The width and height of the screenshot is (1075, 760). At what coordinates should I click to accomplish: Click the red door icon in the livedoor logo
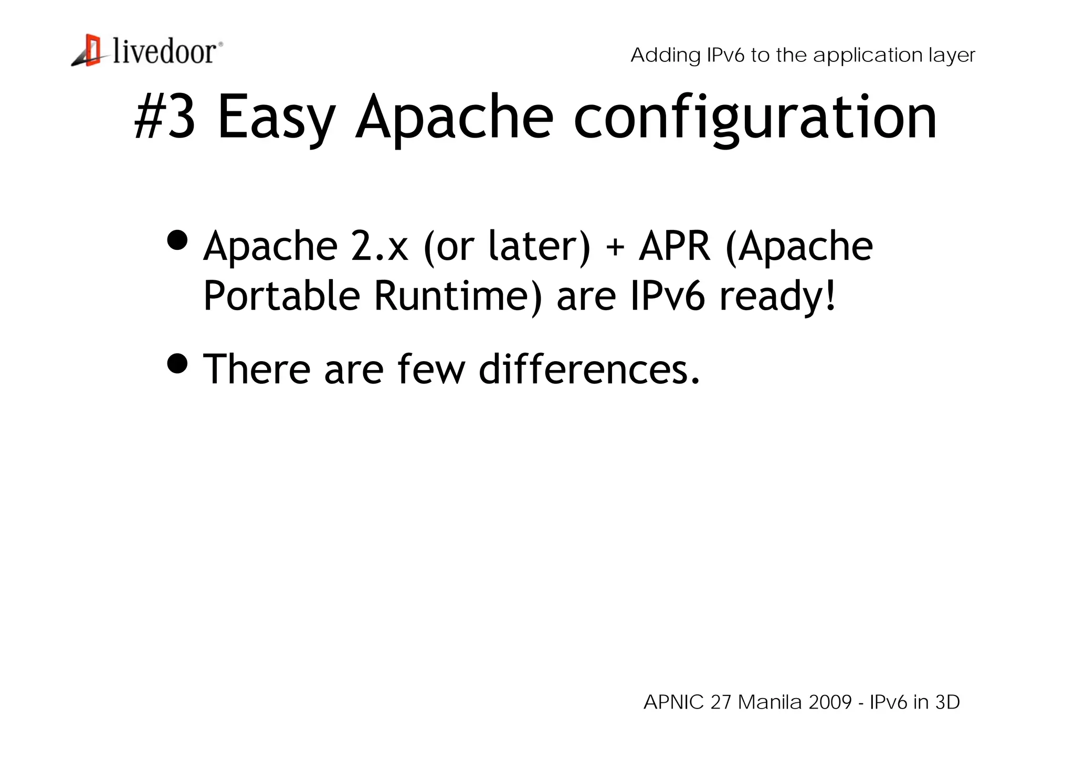coord(92,50)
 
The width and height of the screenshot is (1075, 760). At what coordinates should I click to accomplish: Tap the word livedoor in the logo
coord(164,52)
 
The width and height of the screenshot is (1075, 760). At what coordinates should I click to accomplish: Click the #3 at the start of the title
coord(165,117)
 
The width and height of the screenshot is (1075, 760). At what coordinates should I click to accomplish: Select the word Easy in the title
coord(276,118)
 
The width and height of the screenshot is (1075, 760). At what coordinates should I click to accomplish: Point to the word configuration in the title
coord(755,118)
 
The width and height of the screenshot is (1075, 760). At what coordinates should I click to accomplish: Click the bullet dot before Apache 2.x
coord(177,240)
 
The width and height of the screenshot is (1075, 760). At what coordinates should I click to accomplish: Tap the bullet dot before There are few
coord(177,363)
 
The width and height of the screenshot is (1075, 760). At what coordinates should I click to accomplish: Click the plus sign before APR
coord(615,247)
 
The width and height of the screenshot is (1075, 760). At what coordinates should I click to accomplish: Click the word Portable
coord(281,295)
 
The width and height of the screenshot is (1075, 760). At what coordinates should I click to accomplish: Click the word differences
coord(589,369)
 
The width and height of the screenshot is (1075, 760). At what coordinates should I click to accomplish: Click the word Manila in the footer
coord(770,702)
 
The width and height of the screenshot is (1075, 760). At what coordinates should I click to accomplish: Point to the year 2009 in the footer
coord(830,702)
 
